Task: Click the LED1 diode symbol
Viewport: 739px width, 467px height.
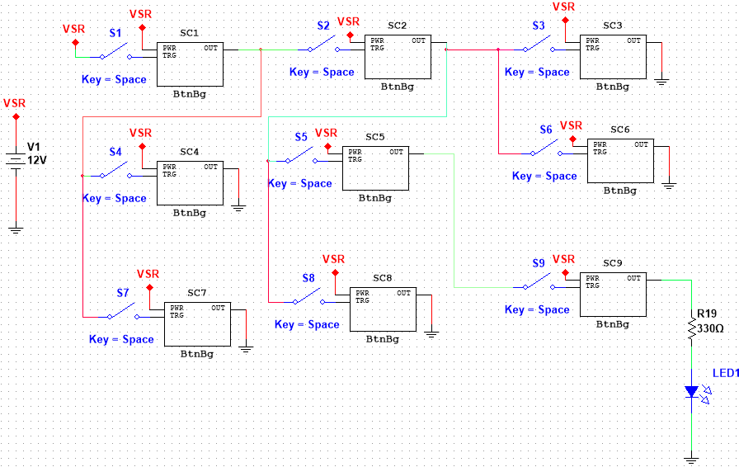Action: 693,392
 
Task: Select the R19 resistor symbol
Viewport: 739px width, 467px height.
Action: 692,329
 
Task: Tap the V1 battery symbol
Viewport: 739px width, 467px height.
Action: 16,158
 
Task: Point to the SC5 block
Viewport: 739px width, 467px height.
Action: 375,168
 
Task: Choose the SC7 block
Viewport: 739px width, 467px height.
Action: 196,323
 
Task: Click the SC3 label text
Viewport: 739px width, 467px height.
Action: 613,26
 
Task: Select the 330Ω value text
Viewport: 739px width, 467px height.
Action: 710,328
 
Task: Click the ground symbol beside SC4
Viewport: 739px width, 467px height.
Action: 239,207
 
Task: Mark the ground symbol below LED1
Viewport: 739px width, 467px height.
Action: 692,458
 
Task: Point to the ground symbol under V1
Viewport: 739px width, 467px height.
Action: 16,229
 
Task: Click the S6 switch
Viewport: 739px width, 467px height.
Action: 545,149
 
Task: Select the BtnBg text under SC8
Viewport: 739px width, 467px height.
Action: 383,338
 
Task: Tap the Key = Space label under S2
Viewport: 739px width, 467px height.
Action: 322,73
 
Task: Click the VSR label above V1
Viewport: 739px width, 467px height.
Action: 15,103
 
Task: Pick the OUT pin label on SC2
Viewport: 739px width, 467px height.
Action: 419,40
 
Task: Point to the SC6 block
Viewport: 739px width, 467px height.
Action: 620,160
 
